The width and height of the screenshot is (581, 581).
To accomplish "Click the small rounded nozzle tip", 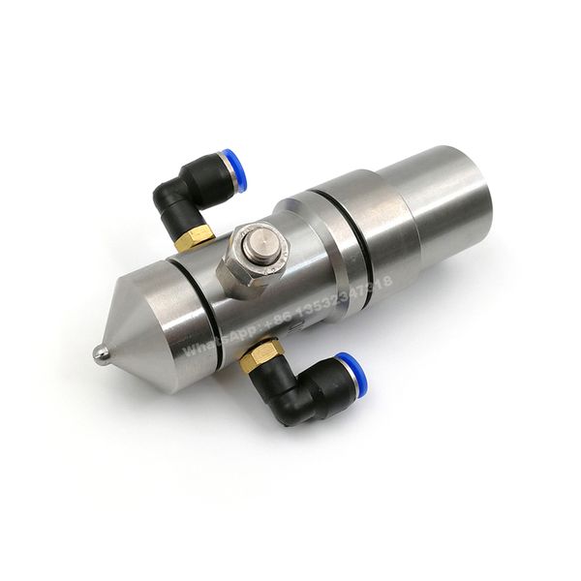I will [97, 354].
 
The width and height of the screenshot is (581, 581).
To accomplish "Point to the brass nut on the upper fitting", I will [199, 232].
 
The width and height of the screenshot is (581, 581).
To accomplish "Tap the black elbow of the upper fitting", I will [179, 198].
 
